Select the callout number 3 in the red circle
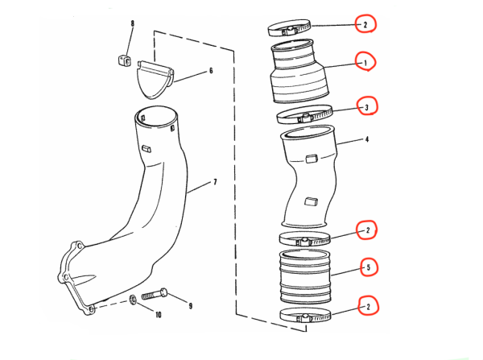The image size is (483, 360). point(365,106)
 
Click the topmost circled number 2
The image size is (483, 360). point(365,25)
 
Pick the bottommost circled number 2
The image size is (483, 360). point(368,306)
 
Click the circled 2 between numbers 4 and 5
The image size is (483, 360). point(367,231)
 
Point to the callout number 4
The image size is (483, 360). point(366,140)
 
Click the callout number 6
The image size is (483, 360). point(211,71)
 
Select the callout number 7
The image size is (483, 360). point(215,183)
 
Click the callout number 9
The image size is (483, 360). point(190,305)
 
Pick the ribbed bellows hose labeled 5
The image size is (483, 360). point(304,275)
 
